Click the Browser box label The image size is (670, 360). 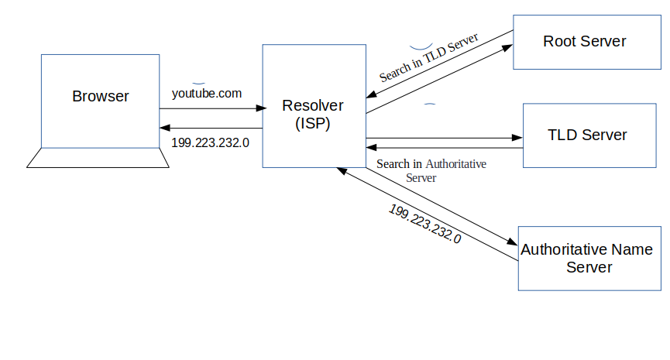point(100,97)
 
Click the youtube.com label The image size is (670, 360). point(207,93)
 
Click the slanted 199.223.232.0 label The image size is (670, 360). point(424,225)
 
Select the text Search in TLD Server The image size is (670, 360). point(428,57)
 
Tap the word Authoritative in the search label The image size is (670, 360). point(456,164)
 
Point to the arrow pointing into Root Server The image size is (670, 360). point(507,48)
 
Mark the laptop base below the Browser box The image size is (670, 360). point(98,157)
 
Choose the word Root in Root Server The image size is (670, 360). point(559,41)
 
